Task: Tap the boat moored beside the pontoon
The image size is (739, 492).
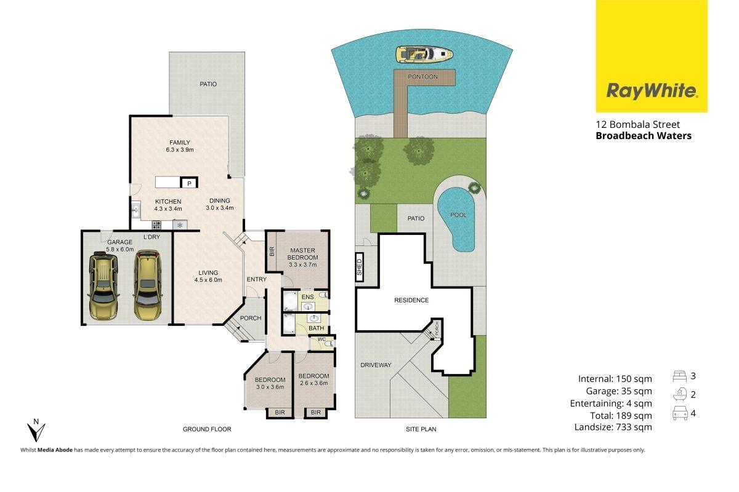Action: point(424,54)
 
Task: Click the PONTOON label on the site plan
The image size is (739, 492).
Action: point(422,77)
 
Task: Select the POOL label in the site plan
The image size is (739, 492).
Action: point(458,215)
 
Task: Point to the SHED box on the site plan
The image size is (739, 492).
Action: point(359,267)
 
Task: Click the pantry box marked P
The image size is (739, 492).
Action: point(189,183)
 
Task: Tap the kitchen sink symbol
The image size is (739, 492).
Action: point(135,210)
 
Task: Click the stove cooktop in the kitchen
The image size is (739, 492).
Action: point(156,225)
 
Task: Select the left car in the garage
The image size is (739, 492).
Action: point(103,285)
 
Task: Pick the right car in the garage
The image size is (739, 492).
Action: point(148,285)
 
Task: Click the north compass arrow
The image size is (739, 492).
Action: point(36,430)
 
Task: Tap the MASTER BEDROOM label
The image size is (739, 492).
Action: point(302,254)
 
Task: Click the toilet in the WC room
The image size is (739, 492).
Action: point(329,344)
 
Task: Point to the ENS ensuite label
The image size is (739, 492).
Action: point(307,297)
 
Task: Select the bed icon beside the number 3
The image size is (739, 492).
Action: point(680,376)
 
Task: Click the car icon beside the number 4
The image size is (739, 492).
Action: point(680,413)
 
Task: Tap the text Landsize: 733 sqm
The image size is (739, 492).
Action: point(613,427)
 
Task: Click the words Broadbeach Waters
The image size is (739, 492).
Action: point(644,136)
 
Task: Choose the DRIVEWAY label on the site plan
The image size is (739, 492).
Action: point(376,365)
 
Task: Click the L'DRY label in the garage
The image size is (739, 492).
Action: point(151,237)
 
